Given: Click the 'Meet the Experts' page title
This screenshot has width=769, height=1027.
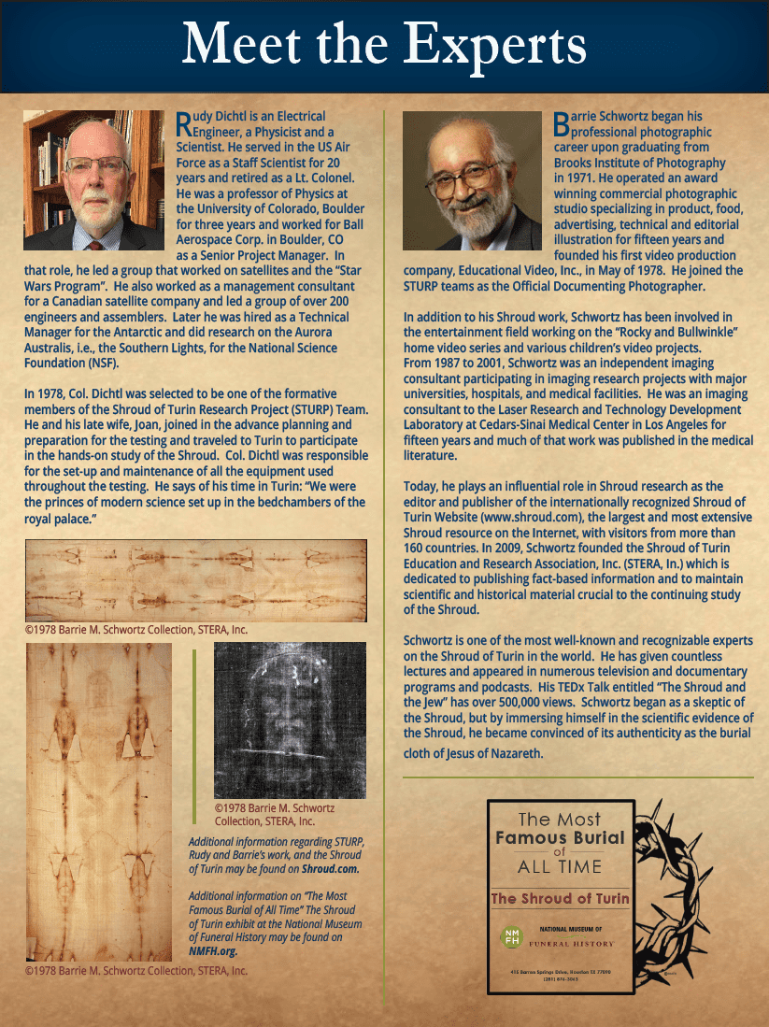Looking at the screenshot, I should [384, 44].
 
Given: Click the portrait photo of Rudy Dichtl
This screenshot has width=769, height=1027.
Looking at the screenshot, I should [93, 181].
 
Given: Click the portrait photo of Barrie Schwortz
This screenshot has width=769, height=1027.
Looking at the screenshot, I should [472, 181].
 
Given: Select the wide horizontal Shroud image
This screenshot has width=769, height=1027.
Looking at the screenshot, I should [195, 579].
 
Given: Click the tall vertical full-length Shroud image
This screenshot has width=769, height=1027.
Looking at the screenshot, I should [98, 802].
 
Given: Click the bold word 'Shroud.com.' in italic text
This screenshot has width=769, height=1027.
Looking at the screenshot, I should [333, 868].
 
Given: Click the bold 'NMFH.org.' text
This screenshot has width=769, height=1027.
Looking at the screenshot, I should [213, 950].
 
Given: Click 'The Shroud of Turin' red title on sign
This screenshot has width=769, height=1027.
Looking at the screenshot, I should [561, 898].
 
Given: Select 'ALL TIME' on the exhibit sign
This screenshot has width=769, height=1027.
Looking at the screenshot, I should [561, 866].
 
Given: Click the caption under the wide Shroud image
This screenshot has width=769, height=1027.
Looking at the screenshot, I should [136, 630].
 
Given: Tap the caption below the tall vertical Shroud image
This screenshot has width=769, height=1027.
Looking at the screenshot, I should [136, 971].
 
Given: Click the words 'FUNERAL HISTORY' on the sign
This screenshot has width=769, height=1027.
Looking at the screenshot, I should [581, 944].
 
